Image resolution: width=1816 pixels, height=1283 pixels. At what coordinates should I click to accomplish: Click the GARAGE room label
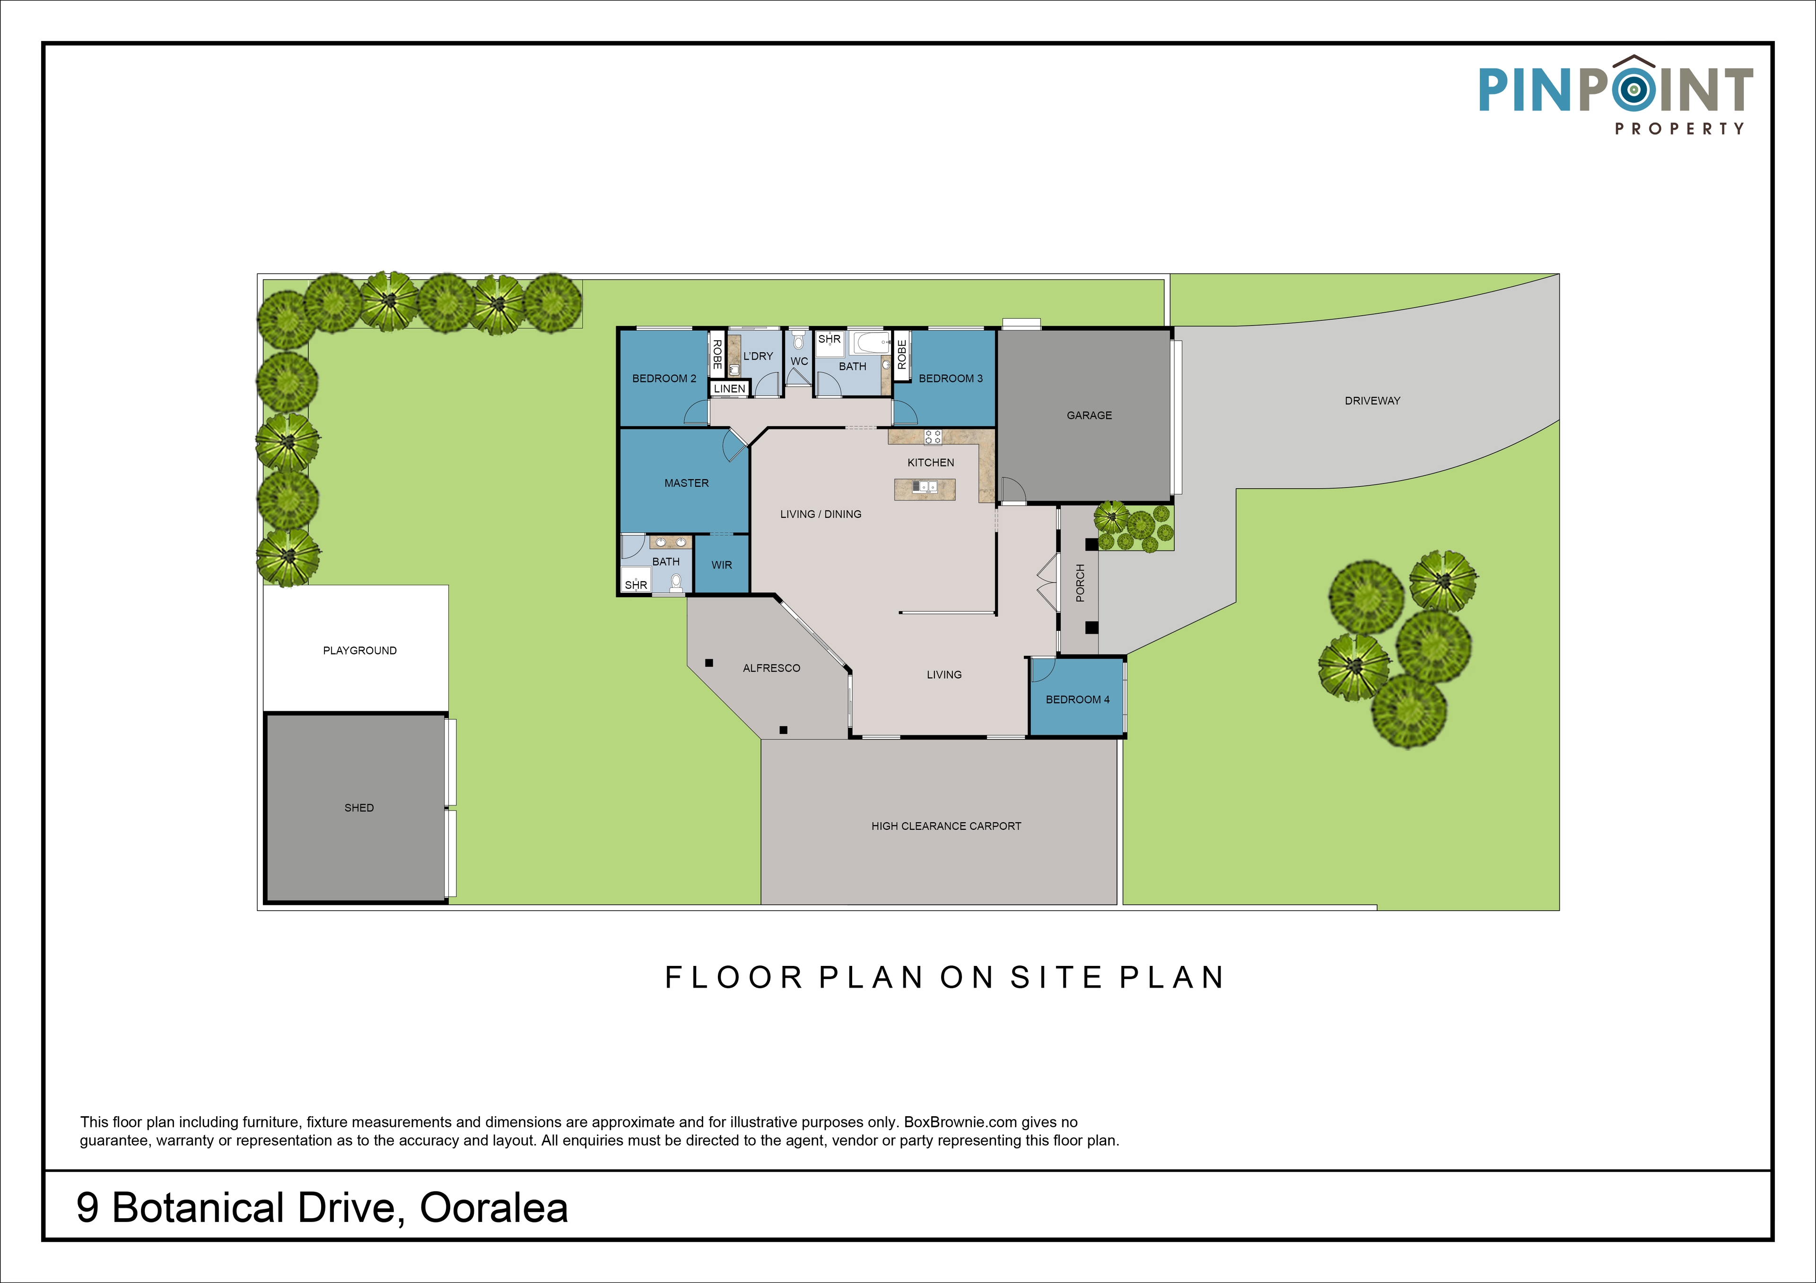point(1089,415)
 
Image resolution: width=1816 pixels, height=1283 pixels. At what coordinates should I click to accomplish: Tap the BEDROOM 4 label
point(1077,699)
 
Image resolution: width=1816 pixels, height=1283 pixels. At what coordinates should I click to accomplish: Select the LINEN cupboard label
point(729,388)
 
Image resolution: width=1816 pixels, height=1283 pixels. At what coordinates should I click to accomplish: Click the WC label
point(799,361)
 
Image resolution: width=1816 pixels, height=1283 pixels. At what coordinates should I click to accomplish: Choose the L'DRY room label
point(758,356)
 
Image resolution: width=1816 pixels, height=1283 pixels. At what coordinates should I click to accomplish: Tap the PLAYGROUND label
point(360,651)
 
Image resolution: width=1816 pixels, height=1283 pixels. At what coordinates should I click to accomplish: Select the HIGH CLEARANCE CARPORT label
point(946,826)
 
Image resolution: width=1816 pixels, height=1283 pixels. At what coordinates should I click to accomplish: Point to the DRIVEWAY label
point(1372,401)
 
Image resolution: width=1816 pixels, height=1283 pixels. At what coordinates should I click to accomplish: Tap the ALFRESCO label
point(771,668)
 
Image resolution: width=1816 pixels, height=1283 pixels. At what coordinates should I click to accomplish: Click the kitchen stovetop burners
point(933,436)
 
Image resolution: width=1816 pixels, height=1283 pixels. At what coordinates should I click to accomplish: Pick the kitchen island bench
point(925,489)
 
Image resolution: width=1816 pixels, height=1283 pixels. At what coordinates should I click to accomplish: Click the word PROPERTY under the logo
point(1679,128)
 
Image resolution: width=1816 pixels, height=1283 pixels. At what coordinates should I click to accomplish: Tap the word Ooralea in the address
point(494,1208)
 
